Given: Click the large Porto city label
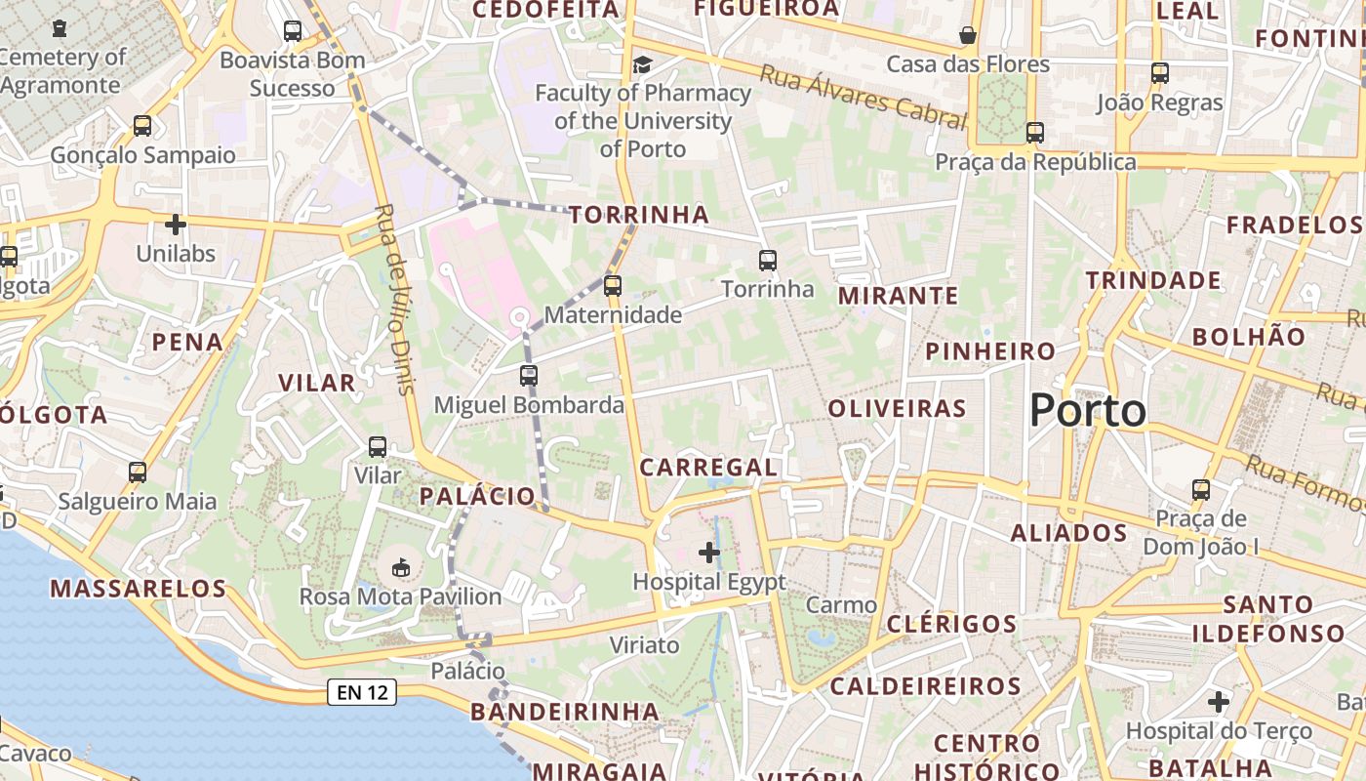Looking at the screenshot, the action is [1088, 410].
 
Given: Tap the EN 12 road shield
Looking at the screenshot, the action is [361, 692].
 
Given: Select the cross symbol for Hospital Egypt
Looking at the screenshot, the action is [709, 554].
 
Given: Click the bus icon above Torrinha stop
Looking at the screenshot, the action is [768, 261].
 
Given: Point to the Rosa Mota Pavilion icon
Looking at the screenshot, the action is [400, 567].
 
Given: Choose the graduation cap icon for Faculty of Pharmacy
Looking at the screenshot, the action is [642, 64].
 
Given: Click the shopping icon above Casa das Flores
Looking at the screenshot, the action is [968, 35].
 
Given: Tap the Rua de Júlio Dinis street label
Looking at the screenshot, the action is [394, 299].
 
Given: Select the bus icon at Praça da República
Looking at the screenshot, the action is [1035, 133].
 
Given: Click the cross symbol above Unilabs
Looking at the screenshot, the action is [176, 226].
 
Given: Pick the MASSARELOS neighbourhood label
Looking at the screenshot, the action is [138, 589].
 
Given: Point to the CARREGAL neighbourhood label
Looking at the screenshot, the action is [708, 468].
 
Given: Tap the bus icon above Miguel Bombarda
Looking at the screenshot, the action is [529, 376].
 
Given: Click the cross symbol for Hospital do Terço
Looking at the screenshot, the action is [1219, 702].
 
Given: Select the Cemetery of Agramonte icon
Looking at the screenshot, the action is [60, 27].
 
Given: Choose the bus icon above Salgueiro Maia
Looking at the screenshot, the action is [138, 473].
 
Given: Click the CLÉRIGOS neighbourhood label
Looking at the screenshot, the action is [951, 624].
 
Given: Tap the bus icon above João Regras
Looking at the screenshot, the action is [1159, 73].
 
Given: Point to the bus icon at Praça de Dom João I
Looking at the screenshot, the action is [1201, 490].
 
